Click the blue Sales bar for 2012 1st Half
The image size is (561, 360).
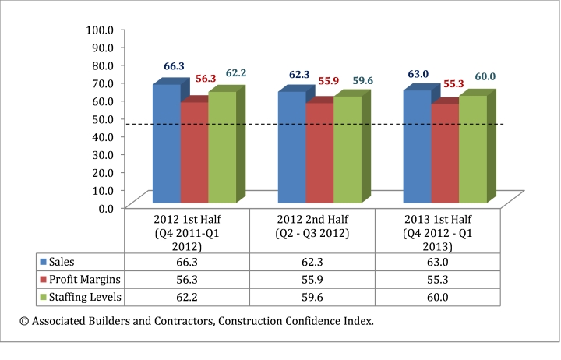[167, 144]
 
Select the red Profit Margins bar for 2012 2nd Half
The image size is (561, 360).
[319, 153]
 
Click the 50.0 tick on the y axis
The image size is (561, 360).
[102, 118]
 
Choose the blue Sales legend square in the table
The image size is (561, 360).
[43, 261]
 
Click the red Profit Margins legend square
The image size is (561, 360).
[43, 279]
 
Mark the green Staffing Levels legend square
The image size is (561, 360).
[43, 297]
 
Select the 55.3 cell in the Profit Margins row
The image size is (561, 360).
[438, 279]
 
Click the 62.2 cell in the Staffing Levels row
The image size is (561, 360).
[187, 297]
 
